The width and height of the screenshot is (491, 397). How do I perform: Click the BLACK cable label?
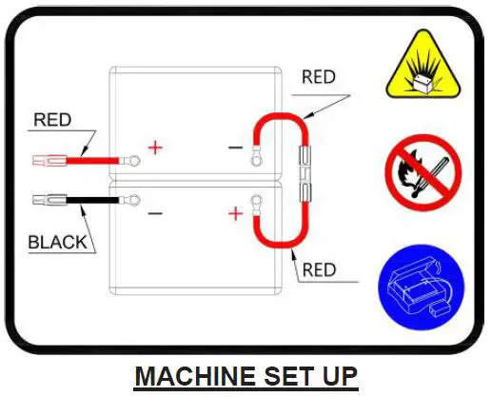[x=57, y=242]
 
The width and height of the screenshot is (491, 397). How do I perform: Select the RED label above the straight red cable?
[x=52, y=120]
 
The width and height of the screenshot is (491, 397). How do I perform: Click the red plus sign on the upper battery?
[x=154, y=149]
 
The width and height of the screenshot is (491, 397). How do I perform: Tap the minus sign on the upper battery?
[x=235, y=149]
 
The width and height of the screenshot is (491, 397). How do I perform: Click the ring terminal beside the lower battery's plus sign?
[x=254, y=201]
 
